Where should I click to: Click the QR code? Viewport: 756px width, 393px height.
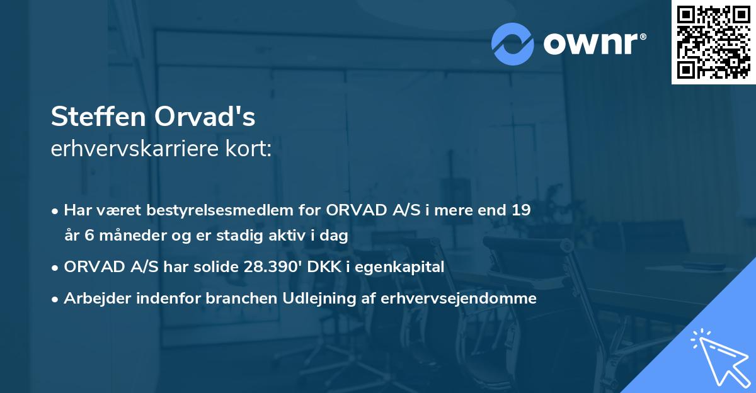tap(713, 42)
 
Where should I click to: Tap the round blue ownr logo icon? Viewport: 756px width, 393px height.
tap(512, 43)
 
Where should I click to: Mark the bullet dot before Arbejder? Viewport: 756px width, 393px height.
tap(56, 299)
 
